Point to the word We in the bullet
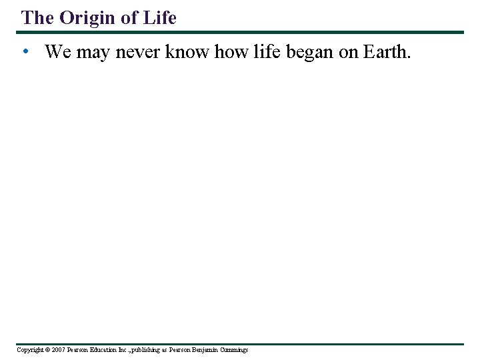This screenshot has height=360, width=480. click(58, 52)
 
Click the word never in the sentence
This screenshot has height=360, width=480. click(137, 52)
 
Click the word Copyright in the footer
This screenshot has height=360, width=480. click(29, 350)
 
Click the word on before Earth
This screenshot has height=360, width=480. click(349, 52)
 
